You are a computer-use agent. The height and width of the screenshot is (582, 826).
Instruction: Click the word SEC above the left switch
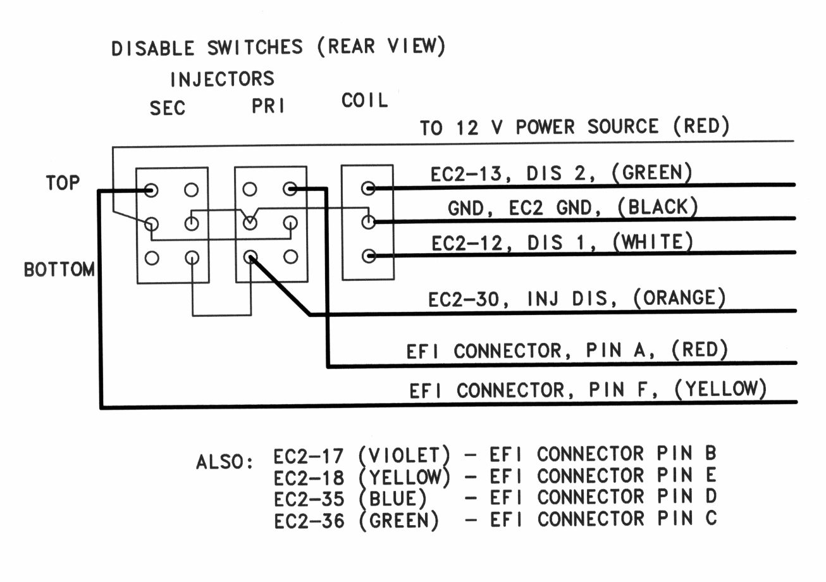click(x=168, y=108)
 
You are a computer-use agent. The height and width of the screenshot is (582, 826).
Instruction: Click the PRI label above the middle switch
click(x=268, y=106)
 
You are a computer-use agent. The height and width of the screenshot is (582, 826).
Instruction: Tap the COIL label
click(x=365, y=101)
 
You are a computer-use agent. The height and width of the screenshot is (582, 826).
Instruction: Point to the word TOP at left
click(x=63, y=183)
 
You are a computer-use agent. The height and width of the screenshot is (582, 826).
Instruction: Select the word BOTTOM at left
click(x=59, y=269)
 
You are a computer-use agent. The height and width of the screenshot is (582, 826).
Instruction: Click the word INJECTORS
click(x=222, y=79)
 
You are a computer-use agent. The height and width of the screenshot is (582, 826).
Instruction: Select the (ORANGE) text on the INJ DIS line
click(x=679, y=298)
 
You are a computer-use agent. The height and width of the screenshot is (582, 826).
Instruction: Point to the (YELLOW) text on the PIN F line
click(x=720, y=389)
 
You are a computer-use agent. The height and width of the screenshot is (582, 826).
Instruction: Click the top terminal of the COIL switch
click(x=368, y=188)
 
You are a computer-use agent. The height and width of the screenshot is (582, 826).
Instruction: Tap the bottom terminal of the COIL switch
click(x=368, y=256)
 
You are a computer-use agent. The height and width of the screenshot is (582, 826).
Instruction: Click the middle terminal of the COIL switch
click(x=368, y=222)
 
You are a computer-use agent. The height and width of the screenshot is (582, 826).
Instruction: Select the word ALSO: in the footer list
click(x=225, y=462)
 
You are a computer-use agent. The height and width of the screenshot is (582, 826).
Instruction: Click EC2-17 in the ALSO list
click(x=309, y=455)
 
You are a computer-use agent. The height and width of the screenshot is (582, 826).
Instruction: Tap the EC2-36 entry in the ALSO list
click(x=309, y=520)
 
